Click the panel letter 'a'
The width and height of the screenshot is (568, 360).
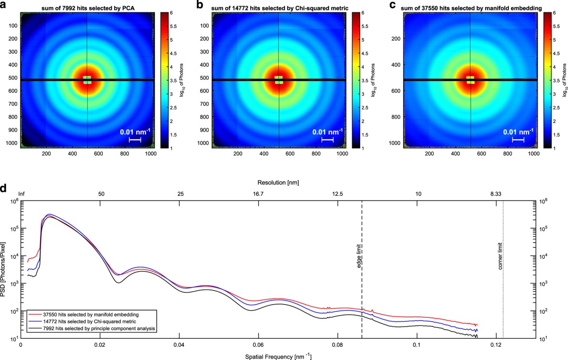(x=2, y=5)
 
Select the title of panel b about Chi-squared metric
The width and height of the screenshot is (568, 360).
(x=280, y=9)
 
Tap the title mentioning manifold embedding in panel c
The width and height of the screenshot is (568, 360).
(x=471, y=9)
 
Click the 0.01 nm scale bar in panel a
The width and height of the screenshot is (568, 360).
(x=135, y=140)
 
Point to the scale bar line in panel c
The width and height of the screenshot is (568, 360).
(x=518, y=140)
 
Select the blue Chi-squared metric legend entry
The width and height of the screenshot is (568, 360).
(x=82, y=322)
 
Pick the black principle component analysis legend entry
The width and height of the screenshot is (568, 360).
(x=91, y=329)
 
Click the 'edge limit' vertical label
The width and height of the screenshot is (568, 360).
(x=359, y=256)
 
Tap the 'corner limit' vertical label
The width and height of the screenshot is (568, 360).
(x=500, y=256)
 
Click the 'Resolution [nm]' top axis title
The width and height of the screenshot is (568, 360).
(x=278, y=183)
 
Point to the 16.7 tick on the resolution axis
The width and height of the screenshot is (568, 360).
(x=258, y=194)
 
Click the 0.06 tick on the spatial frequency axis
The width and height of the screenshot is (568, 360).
(x=258, y=345)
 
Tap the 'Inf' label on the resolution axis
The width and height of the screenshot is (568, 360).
(x=22, y=194)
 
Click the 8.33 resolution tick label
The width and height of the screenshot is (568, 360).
(x=496, y=194)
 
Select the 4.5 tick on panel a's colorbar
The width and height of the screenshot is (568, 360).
(x=173, y=53)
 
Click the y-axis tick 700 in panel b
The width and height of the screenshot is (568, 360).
(x=204, y=104)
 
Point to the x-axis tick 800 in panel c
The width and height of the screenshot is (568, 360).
(x=507, y=154)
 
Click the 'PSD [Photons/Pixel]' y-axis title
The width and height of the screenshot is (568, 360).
(x=3, y=270)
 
